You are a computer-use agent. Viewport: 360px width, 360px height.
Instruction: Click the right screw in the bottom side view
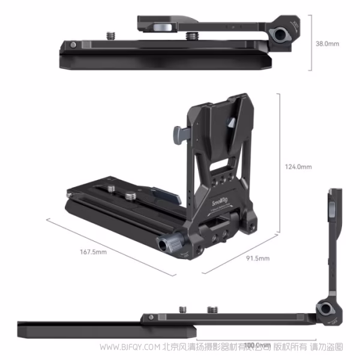click(212, 310)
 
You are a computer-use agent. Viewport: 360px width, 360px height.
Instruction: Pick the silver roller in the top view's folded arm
click(161, 25)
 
